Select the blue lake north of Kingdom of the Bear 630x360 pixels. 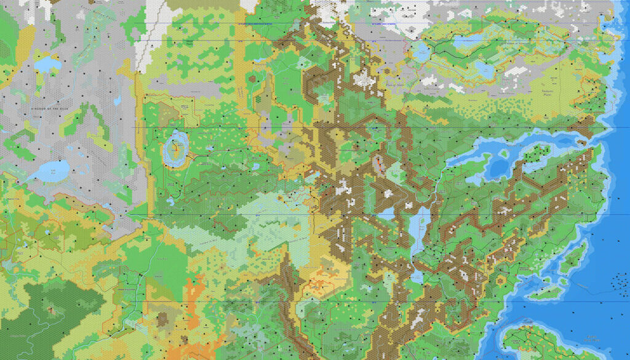point(47,63)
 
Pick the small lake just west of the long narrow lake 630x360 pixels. point(386,214)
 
